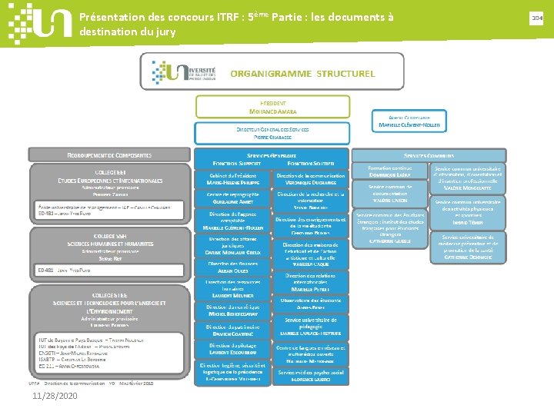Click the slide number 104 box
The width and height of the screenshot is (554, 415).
pos(536,16)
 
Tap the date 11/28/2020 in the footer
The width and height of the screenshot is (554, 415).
pos(55,396)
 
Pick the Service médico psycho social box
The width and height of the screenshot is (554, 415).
pos(311,375)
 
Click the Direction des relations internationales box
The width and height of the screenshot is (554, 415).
pos(311,281)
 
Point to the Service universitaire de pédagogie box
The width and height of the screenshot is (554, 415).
pos(311,327)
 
